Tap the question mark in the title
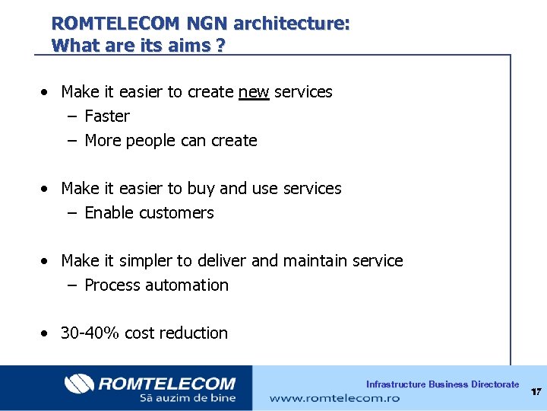tap(220, 46)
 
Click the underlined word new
tap(254, 92)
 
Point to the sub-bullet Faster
tap(107, 116)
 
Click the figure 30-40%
tap(90, 333)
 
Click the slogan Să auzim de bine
tap(187, 398)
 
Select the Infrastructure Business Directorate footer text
tap(442, 384)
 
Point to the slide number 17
tap(536, 392)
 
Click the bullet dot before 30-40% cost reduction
tap(47, 334)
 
